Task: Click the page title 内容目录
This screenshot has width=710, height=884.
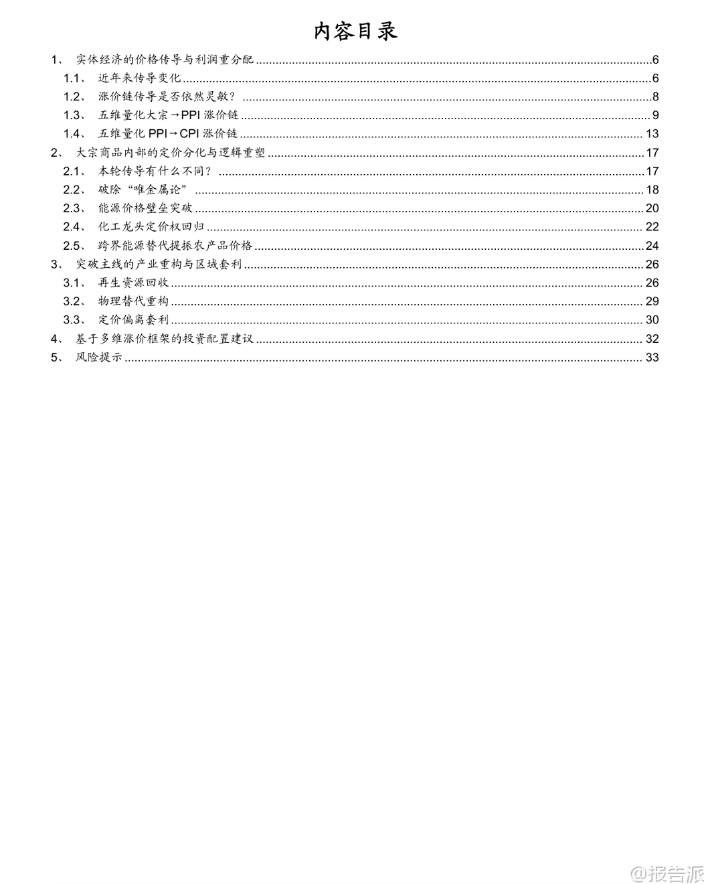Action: point(355,31)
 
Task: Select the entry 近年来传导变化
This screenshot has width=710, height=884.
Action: point(139,78)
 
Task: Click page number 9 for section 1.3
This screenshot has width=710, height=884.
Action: point(656,115)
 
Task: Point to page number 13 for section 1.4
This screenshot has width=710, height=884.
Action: point(652,134)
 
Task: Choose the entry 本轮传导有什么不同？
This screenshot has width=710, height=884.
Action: point(155,171)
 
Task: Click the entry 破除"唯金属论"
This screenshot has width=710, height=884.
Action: point(142,190)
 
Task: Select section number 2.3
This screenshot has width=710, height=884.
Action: point(72,208)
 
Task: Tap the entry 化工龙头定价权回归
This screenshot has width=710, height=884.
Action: point(151,227)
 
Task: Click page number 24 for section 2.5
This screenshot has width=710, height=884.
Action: point(652,246)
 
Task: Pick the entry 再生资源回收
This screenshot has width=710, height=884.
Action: point(133,283)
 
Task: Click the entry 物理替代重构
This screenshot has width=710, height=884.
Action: point(133,301)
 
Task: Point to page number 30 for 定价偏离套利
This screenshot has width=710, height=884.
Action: point(652,320)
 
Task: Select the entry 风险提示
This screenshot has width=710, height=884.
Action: point(99,357)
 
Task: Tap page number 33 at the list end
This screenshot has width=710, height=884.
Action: point(652,357)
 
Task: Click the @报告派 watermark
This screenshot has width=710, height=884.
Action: point(668,873)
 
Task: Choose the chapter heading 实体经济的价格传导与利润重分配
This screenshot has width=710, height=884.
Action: point(165,60)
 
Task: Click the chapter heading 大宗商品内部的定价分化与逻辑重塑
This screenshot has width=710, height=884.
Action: point(171,153)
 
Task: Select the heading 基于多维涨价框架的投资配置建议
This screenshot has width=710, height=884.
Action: point(165,339)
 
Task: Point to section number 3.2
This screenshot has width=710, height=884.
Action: point(72,301)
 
